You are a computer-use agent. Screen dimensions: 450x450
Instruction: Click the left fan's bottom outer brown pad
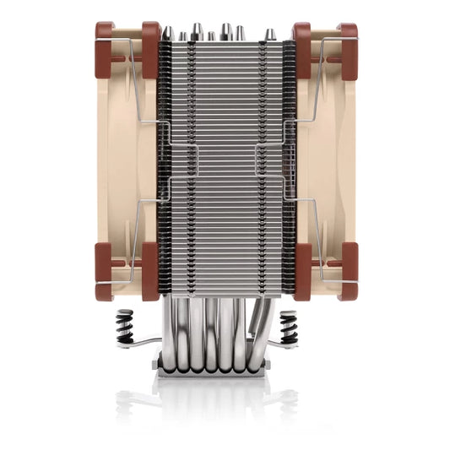tap(105, 271)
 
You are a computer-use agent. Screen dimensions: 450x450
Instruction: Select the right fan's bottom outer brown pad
tap(347, 271)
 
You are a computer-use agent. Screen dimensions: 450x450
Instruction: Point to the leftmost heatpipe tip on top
tap(168, 33)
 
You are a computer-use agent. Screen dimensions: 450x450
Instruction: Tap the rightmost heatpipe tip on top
tap(268, 34)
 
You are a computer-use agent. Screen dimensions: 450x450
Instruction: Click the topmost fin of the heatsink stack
tap(225, 43)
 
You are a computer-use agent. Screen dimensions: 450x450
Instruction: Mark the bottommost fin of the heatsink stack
tap(225, 295)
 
